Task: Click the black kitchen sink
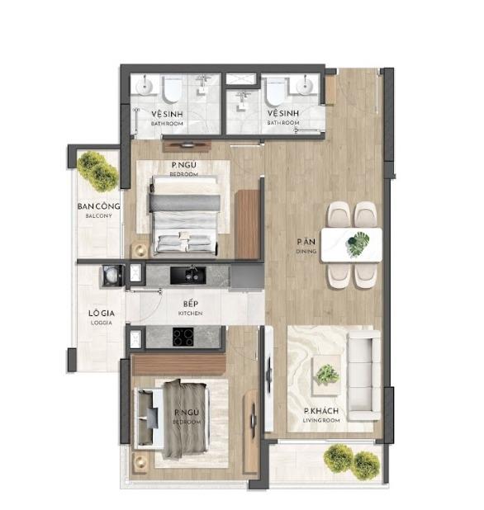coord(187,275)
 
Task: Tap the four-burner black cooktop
coord(183,337)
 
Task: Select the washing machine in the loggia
coord(112,276)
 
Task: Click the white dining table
coord(352,245)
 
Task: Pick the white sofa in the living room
coord(364,375)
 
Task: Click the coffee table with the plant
coord(326,375)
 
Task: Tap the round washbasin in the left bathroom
coord(145,85)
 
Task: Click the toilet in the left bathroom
coord(172,89)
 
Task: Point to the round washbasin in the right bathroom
coord(306,85)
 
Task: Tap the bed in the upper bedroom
coord(184,215)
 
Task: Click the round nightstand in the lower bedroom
coord(141,462)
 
